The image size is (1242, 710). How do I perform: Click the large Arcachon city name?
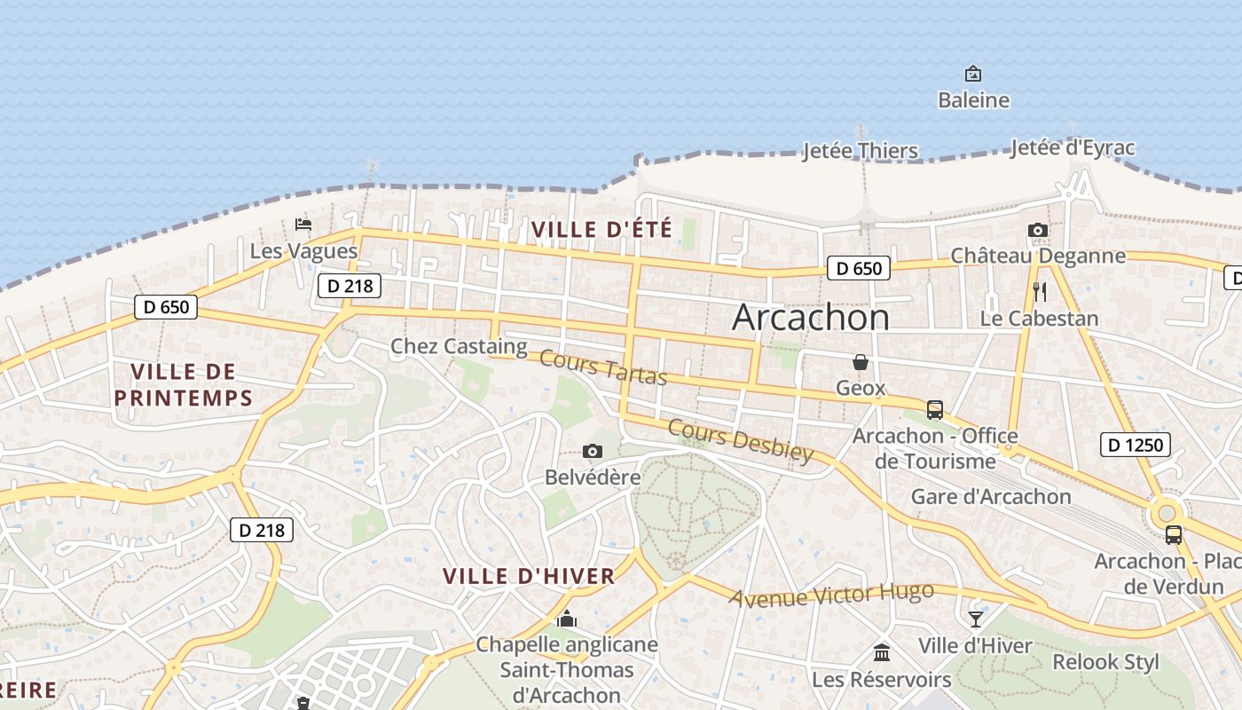[810, 318]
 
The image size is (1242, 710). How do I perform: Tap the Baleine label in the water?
[973, 100]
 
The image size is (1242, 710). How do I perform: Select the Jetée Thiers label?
[860, 151]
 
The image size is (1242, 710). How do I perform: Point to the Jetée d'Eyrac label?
[1073, 147]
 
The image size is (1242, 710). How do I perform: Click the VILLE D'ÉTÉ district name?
[601, 229]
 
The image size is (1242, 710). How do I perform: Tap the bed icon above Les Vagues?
[303, 225]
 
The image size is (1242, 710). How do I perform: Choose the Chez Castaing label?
[459, 346]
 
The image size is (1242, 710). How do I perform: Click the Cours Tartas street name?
[603, 367]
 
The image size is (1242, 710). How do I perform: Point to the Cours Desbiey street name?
[740, 441]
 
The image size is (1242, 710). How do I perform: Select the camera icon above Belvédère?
[593, 452]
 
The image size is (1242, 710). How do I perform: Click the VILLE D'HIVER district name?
[529, 576]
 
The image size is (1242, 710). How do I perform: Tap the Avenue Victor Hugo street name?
[831, 595]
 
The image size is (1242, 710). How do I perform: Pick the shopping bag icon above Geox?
[860, 362]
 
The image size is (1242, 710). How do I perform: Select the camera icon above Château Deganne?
[1037, 231]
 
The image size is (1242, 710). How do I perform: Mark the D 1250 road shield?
[1135, 445]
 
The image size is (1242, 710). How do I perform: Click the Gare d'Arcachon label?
[991, 496]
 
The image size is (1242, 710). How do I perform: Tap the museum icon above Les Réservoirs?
[882, 653]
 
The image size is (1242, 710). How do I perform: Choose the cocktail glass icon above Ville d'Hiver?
[976, 619]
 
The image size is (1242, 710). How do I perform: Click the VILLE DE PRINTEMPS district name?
[184, 383]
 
